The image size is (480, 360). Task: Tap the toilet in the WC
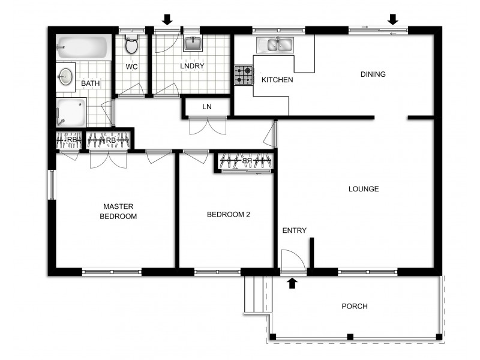point(132,45)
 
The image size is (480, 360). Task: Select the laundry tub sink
point(193,43)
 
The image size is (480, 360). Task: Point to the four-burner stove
point(244,76)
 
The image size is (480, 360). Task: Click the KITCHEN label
point(277,80)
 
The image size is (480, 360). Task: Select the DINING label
point(373,74)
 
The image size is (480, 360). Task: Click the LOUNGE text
point(364,189)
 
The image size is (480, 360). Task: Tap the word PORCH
point(354,307)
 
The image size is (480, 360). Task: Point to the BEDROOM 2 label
point(228,214)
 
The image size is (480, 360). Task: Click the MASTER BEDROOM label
point(118,211)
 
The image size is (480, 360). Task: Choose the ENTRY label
point(294,230)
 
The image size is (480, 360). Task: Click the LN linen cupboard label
point(206,107)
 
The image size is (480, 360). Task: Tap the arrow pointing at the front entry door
point(292,283)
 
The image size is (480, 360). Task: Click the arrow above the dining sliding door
point(393,20)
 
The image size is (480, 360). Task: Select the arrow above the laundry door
point(167,20)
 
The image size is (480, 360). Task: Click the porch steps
point(255,294)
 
